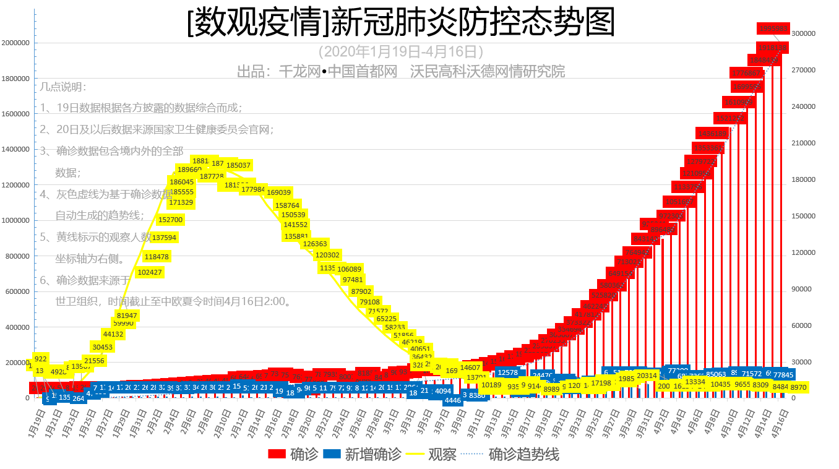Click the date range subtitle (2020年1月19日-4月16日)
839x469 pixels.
(400, 51)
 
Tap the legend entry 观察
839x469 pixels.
(432, 454)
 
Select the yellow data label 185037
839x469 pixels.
(238, 165)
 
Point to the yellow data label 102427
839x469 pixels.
(150, 272)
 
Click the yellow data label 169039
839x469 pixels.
(279, 192)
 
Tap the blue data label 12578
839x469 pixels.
(507, 372)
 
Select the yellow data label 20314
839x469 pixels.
(647, 376)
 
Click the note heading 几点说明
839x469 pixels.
(64, 88)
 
